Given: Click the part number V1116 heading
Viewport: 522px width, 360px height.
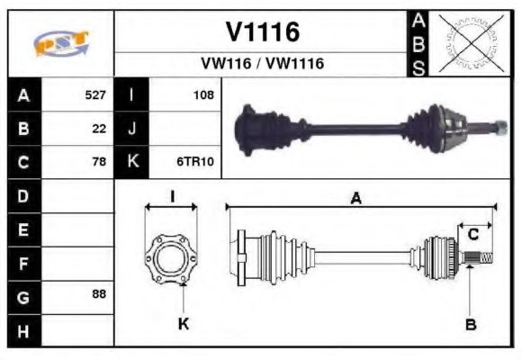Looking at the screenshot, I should coord(262,32).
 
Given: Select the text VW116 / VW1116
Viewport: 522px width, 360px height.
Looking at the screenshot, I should coord(262,65).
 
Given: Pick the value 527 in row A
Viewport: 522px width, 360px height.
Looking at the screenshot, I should coord(95,94).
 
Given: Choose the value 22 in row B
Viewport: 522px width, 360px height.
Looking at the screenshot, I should coord(99,128).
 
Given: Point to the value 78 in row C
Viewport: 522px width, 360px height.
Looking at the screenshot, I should coord(99,162).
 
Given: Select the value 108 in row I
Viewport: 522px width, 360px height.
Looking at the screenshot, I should coord(203,94).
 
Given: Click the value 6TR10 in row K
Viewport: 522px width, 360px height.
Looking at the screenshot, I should coord(197,162).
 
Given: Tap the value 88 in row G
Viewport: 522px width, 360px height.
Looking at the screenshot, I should coord(99,295).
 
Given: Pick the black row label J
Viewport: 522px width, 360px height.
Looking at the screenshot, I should coord(132,128).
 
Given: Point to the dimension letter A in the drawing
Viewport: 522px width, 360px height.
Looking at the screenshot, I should coord(356,199).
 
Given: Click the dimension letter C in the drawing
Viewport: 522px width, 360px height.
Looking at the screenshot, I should coord(472,235).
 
